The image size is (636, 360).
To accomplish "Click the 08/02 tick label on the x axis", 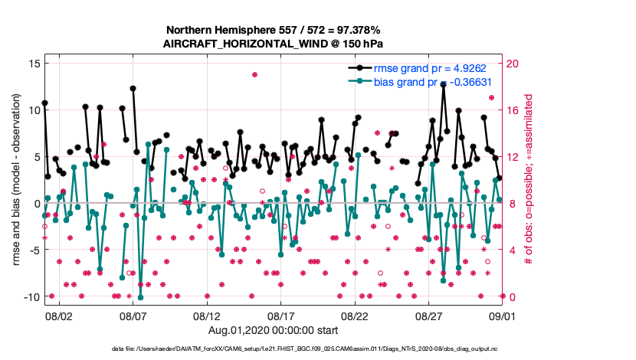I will (x=59, y=316).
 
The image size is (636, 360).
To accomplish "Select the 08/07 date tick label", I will (x=133, y=316).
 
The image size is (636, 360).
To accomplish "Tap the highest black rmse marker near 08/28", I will (x=443, y=84).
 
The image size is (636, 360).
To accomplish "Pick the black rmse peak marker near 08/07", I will (x=133, y=88).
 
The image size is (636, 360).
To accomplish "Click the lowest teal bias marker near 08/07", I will (x=140, y=297).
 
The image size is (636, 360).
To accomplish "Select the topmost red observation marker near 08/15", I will (x=254, y=74).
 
